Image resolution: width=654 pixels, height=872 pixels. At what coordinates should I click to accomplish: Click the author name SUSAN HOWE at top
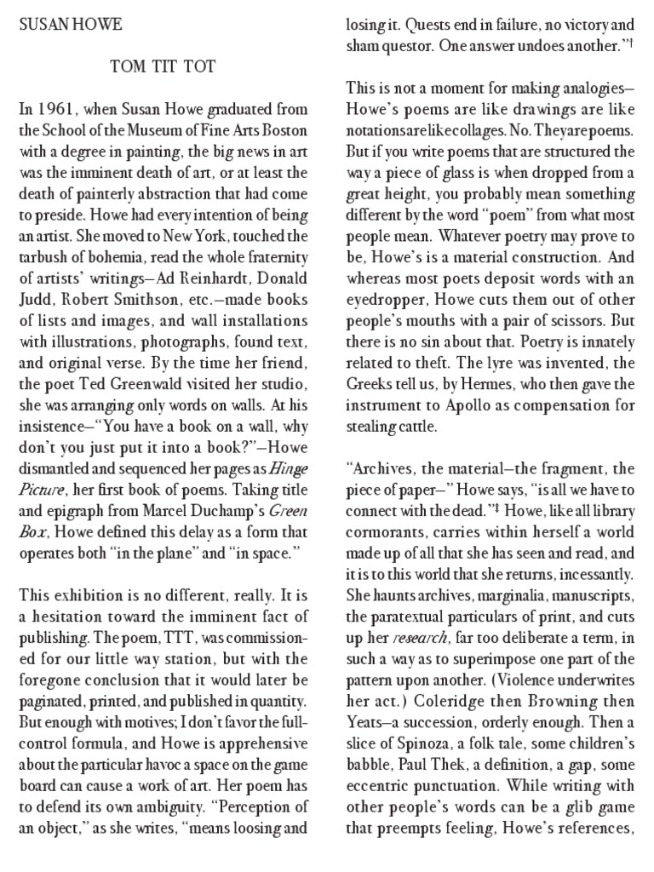click(69, 25)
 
